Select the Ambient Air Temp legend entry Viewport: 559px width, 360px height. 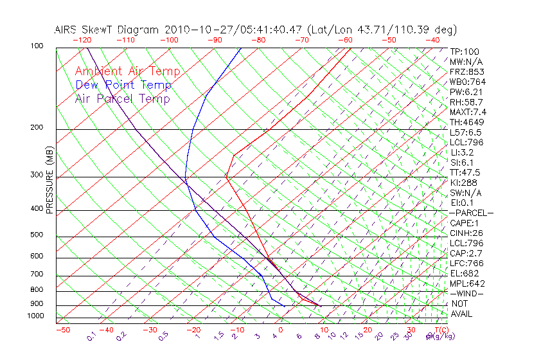(x=127, y=71)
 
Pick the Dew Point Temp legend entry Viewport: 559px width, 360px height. (x=123, y=85)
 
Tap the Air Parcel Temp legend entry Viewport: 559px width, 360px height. (x=122, y=98)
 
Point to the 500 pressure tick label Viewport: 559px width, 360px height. (x=37, y=235)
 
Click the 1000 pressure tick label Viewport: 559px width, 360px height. (x=35, y=316)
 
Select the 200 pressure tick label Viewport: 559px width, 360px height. (x=37, y=128)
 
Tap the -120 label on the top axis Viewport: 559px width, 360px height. (x=82, y=40)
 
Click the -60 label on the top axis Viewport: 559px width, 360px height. (x=345, y=40)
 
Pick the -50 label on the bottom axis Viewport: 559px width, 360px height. (x=62, y=330)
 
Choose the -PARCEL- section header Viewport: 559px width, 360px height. (x=471, y=213)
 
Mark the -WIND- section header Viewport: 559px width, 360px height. (x=467, y=293)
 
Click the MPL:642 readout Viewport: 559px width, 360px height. (x=467, y=283)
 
